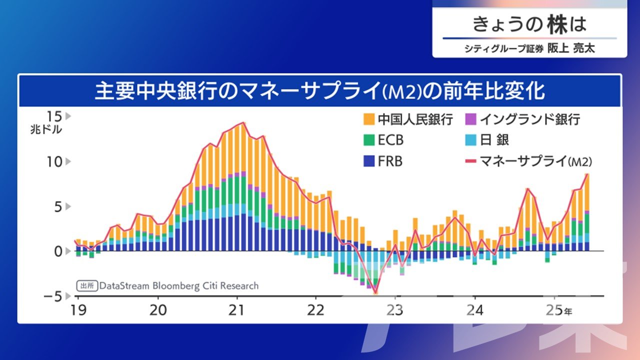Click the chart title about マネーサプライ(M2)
(319, 91)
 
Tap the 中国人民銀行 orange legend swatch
(369, 119)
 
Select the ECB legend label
(390, 140)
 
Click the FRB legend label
(390, 161)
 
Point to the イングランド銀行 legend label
(529, 119)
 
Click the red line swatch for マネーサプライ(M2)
(470, 161)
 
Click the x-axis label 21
(236, 310)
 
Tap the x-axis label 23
(395, 310)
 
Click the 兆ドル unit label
(46, 129)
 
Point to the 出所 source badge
(86, 286)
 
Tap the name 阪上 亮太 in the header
(570, 49)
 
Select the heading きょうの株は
(529, 24)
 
